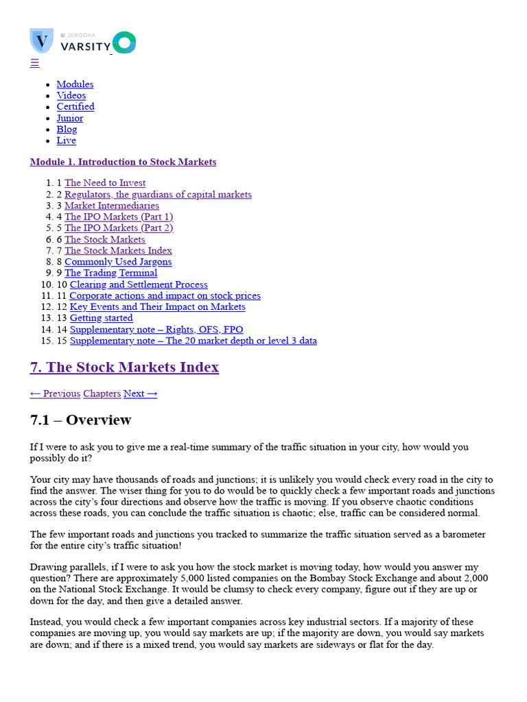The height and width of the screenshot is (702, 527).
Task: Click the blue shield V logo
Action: pyautogui.click(x=41, y=40)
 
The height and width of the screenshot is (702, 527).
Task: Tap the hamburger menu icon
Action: pyautogui.click(x=34, y=63)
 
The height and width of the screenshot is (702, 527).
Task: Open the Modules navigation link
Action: pyautogui.click(x=75, y=84)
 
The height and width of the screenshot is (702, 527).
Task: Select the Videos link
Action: pyautogui.click(x=71, y=95)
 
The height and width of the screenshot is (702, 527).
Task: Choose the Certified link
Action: pyautogui.click(x=75, y=106)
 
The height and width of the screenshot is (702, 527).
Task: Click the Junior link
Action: pyautogui.click(x=70, y=118)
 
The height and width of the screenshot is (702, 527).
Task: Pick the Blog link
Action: pyautogui.click(x=67, y=129)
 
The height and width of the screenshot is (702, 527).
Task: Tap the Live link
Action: pyautogui.click(x=66, y=141)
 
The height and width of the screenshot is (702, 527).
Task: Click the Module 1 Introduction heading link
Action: pyautogui.click(x=123, y=162)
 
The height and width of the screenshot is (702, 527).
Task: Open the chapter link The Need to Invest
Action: pyautogui.click(x=105, y=183)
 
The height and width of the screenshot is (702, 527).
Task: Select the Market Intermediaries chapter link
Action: pyautogui.click(x=112, y=206)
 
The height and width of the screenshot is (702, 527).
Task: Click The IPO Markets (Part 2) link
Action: pyautogui.click(x=119, y=228)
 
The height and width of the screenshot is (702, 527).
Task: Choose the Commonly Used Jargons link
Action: pyautogui.click(x=118, y=262)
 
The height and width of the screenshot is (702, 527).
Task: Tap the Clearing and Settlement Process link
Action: pyautogui.click(x=139, y=285)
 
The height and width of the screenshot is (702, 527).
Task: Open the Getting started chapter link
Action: pyautogui.click(x=102, y=318)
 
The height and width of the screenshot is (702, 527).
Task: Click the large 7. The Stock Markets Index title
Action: pyautogui.click(x=124, y=367)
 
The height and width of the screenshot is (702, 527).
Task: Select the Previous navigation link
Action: pyautogui.click(x=55, y=394)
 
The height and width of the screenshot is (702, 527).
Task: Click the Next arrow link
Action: pyautogui.click(x=141, y=394)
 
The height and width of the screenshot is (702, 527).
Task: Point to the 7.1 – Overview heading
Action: pyautogui.click(x=80, y=420)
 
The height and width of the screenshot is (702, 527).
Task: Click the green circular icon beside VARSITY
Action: pyautogui.click(x=124, y=43)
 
